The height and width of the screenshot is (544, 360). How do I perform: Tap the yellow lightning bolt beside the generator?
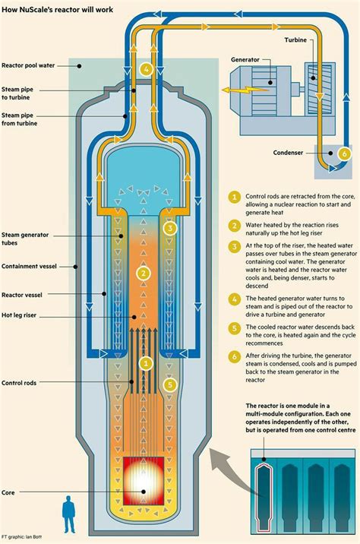pyautogui.click(x=228, y=88)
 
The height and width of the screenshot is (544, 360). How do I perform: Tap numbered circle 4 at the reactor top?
pyautogui.click(x=146, y=68)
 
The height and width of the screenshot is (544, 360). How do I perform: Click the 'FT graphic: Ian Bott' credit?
pyautogui.click(x=24, y=537)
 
